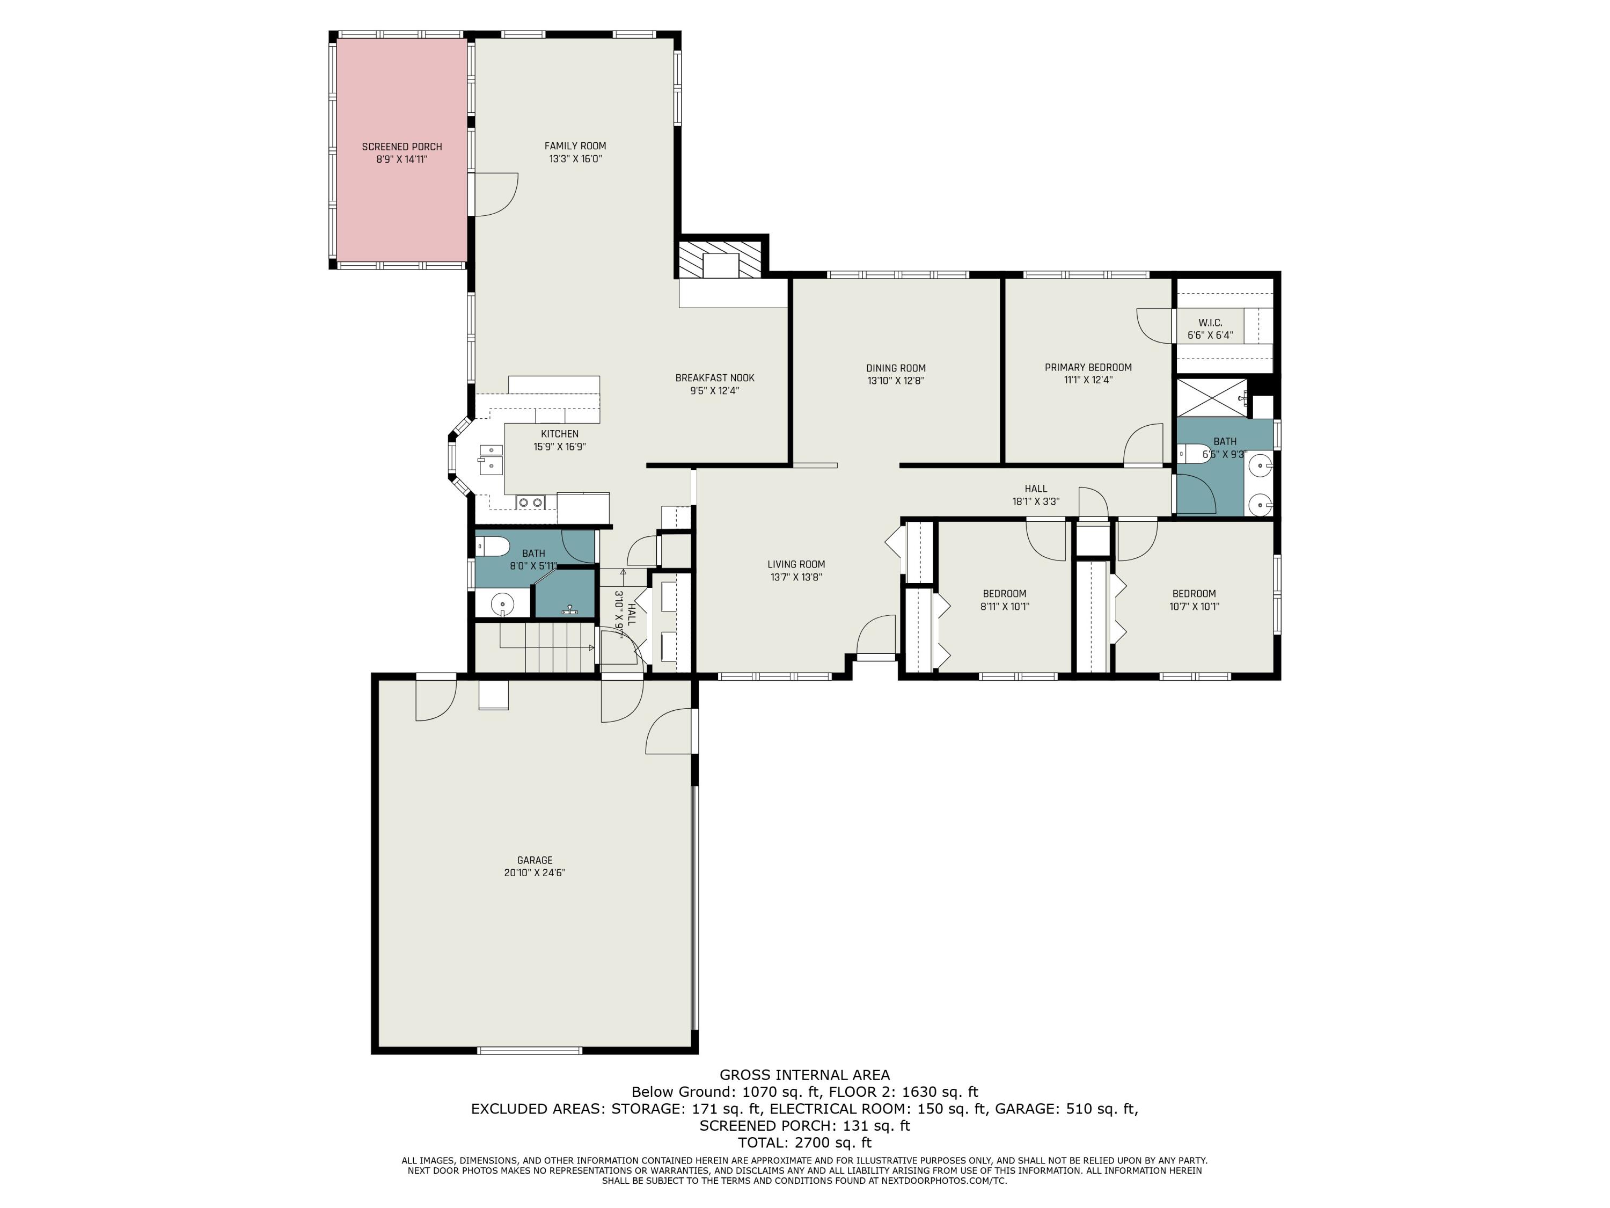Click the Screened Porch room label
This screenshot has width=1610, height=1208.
click(x=402, y=147)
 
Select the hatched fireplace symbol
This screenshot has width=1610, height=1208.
click(x=721, y=259)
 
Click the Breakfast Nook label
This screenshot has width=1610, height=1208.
click(x=715, y=378)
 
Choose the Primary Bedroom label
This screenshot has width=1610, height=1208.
click(x=1088, y=368)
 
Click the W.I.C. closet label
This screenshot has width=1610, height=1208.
click(x=1210, y=323)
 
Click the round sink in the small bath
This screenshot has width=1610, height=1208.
click(x=502, y=603)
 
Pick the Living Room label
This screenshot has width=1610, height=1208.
click(x=796, y=564)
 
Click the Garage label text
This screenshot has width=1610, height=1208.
click(x=535, y=860)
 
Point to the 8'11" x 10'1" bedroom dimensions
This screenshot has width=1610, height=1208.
click(x=1005, y=606)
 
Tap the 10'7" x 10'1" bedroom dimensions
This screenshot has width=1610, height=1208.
click(x=1194, y=606)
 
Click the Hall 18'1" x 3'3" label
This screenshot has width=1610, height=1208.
click(x=1036, y=495)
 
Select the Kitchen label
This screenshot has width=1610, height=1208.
click(x=560, y=434)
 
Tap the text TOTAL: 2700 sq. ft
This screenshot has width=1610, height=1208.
click(x=804, y=1142)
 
